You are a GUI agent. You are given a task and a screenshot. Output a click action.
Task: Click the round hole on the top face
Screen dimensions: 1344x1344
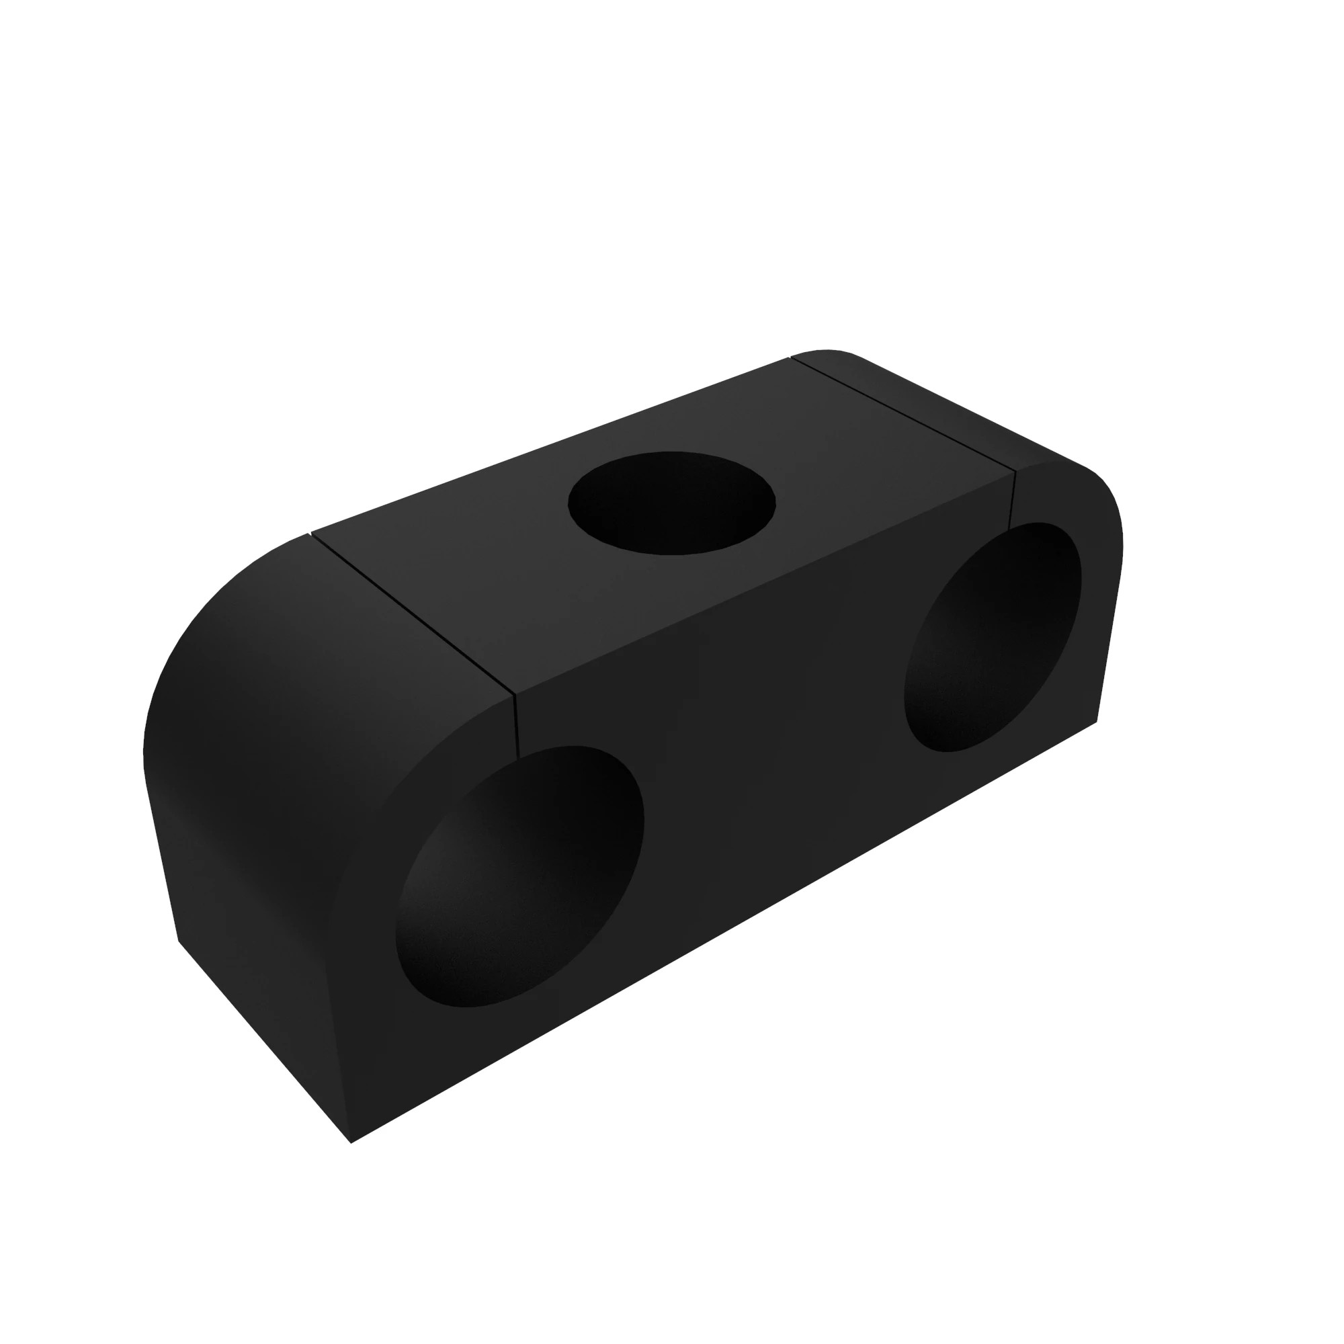pyautogui.click(x=671, y=503)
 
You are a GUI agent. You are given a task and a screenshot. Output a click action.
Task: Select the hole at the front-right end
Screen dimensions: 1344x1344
pyautogui.click(x=992, y=636)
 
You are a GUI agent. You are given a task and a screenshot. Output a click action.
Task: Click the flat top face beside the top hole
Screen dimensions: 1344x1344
pyautogui.click(x=487, y=556)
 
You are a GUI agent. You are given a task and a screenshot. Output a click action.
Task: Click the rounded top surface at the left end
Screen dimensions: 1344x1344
pyautogui.click(x=278, y=626)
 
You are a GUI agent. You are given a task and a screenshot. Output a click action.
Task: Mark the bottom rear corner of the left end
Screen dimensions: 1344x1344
pyautogui.click(x=179, y=941)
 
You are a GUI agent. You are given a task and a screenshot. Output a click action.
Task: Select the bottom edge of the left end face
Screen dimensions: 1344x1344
pyautogui.click(x=264, y=1042)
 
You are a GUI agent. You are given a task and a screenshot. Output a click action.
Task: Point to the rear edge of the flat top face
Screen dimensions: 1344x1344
pyautogui.click(x=550, y=446)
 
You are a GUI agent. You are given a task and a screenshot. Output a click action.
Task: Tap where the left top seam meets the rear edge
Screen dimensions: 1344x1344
pyautogui.click(x=311, y=534)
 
